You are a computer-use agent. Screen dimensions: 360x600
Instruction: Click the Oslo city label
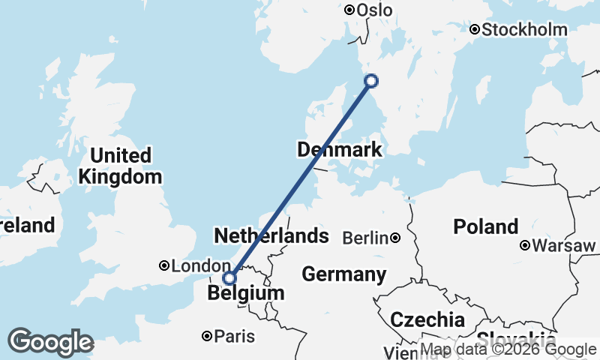(375, 10)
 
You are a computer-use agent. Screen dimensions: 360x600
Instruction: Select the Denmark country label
(340, 150)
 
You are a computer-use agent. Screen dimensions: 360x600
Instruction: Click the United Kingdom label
(120, 166)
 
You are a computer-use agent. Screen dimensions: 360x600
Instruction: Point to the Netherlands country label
(271, 236)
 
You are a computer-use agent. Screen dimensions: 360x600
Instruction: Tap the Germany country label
(344, 274)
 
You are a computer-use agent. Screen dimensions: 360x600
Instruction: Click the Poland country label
(486, 226)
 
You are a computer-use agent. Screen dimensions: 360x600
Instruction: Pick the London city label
(201, 266)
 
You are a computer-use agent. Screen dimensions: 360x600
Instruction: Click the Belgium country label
(247, 293)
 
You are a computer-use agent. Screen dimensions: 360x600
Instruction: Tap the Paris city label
(233, 337)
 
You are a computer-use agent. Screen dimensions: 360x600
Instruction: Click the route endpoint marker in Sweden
(370, 81)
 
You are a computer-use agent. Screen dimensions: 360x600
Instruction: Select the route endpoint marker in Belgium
(229, 278)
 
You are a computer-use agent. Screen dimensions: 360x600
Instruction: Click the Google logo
(50, 342)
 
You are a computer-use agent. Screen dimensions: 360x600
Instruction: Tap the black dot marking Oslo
(349, 10)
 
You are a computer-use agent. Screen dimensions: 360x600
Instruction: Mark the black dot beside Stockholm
(475, 30)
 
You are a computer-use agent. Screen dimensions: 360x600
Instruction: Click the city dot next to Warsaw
(526, 245)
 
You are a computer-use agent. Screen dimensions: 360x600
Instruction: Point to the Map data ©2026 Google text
(508, 349)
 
